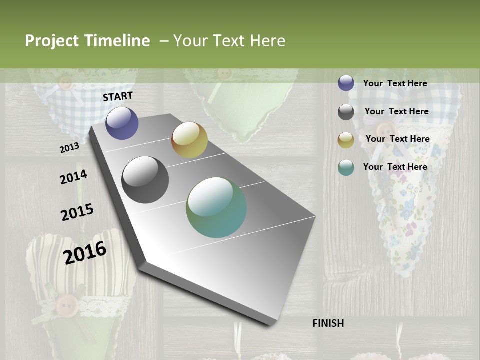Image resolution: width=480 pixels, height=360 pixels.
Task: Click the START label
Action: (x=118, y=96)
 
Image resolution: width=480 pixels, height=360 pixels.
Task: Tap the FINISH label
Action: (x=328, y=323)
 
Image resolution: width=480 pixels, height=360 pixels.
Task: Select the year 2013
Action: (x=69, y=148)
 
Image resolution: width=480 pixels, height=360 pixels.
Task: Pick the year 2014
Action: (x=73, y=177)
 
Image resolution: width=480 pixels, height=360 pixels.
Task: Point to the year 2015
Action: (x=77, y=212)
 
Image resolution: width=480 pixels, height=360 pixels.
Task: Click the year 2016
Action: (x=85, y=252)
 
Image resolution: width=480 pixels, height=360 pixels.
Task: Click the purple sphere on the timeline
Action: (x=122, y=123)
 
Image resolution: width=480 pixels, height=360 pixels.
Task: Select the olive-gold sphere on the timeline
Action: (x=189, y=140)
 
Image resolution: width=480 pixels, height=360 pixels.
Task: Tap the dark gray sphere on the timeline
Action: (x=145, y=180)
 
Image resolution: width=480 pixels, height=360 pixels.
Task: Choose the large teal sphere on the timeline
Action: (x=216, y=207)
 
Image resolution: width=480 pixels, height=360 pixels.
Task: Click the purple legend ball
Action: (x=346, y=83)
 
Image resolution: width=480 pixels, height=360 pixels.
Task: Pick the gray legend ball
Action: (x=346, y=112)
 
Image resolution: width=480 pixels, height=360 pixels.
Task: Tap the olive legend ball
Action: (x=346, y=140)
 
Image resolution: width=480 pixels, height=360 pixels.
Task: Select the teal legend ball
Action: (x=346, y=167)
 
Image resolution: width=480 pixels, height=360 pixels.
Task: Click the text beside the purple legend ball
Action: (x=395, y=83)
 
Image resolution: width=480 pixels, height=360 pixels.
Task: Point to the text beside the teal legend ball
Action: (x=395, y=167)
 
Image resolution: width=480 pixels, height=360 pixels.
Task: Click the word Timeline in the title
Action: (x=117, y=41)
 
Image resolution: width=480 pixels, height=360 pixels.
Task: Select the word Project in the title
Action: (x=52, y=41)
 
